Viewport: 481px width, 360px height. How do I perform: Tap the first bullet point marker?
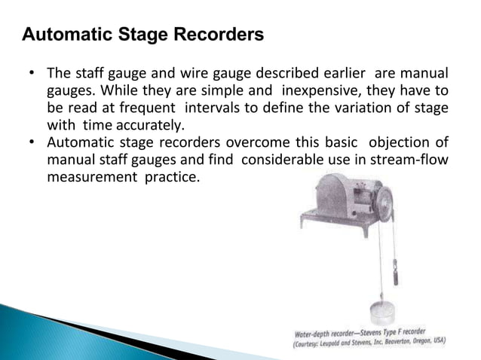(32, 75)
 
